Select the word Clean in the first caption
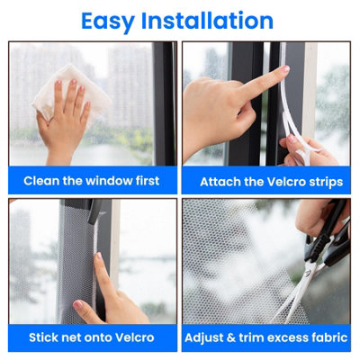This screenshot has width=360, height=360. tap(42, 181)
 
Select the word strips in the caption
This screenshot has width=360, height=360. tap(326, 181)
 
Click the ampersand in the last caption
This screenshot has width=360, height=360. tap(232, 338)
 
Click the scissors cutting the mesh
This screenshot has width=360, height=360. tap(315, 261)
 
